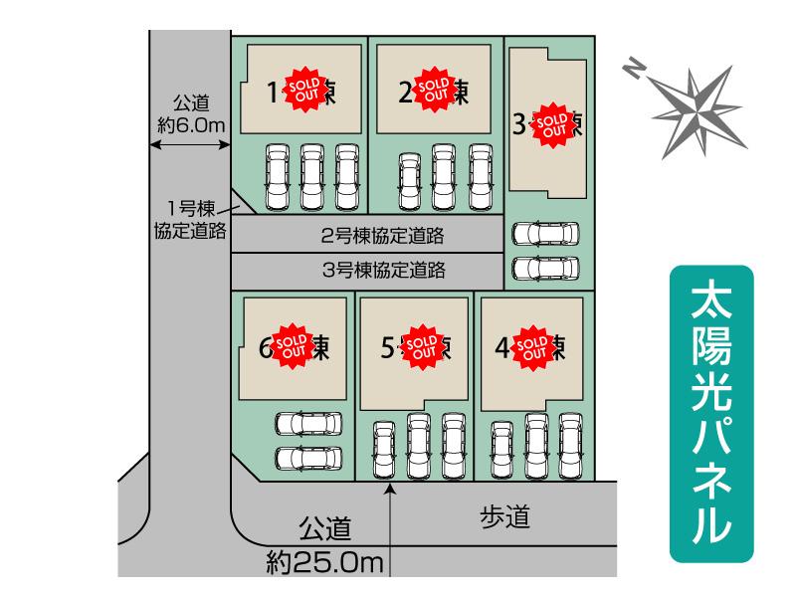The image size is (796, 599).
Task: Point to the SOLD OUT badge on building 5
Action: [423, 345]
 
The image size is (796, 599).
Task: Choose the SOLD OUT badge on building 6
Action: [294, 345]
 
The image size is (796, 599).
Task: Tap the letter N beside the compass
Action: [634, 67]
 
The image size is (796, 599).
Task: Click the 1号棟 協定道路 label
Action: [188, 220]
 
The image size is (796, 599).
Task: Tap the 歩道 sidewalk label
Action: [504, 515]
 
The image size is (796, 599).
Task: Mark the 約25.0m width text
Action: [324, 564]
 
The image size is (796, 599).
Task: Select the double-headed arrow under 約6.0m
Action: [189, 145]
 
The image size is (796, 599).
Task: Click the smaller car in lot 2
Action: [409, 182]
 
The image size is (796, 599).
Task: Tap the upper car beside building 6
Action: [306, 425]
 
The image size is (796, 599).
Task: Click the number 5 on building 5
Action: [388, 347]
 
